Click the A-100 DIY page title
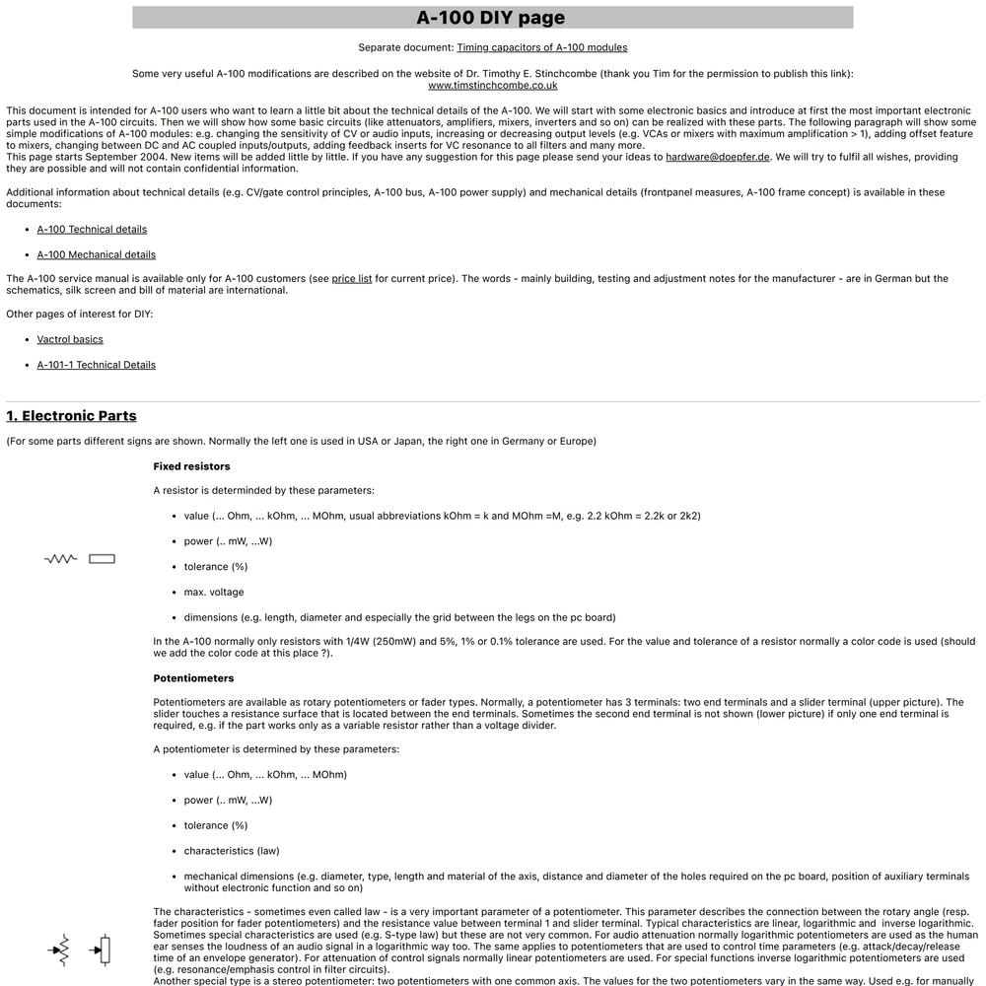pos(490,18)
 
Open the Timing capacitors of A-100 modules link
pos(541,47)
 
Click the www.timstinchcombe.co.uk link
pos(492,85)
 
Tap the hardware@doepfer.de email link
pos(717,157)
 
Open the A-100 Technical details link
pos(92,229)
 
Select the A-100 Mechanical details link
pos(96,254)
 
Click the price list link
pos(352,279)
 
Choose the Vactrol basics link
pos(70,339)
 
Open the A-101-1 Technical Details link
pos(96,365)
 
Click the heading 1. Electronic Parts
pos(71,416)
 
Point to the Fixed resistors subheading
pos(191,466)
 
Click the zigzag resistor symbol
pos(60,559)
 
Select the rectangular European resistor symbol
pos(102,559)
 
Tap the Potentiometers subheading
pos(193,678)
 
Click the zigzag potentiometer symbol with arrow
pos(60,951)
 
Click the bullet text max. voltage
pos(213,593)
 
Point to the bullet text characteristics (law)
pos(231,851)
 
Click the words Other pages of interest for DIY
pos(80,315)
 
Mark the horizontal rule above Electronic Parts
pos(493,401)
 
